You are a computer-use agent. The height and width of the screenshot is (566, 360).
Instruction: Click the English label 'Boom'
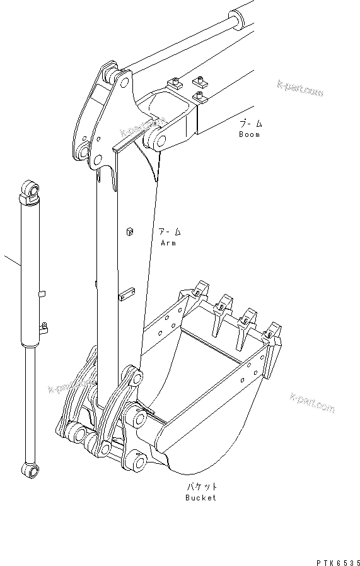point(248,134)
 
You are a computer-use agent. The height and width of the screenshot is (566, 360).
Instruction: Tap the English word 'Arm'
point(168,242)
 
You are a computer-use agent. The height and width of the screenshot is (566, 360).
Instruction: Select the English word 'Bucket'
point(200,498)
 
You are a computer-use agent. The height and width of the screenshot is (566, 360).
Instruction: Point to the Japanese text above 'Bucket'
point(200,486)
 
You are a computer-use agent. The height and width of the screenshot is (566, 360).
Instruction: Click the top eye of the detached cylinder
point(30,189)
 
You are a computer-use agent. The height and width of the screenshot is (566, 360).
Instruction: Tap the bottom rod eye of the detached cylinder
point(28,468)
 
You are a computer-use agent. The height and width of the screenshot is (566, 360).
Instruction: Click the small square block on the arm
point(130,231)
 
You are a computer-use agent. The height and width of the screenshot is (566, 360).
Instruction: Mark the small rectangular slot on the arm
point(127,293)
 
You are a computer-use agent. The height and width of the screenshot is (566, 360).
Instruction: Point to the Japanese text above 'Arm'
point(169,232)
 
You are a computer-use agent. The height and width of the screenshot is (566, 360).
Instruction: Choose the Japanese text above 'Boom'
point(249,124)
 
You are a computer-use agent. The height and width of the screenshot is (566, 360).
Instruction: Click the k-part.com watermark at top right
point(299,89)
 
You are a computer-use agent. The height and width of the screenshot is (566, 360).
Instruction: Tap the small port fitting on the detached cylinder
point(45,327)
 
